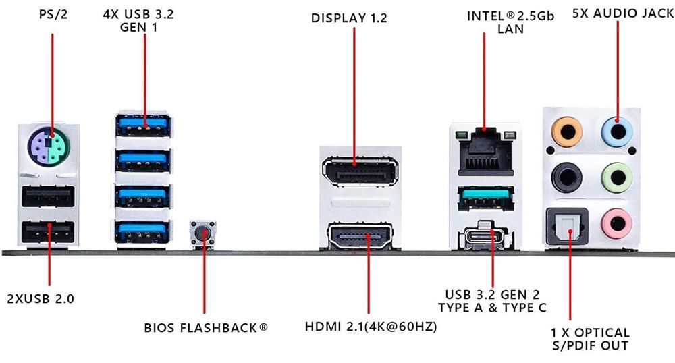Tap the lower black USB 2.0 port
click(x=47, y=233)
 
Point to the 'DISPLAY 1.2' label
click(x=349, y=18)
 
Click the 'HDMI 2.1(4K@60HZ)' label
click(x=371, y=327)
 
